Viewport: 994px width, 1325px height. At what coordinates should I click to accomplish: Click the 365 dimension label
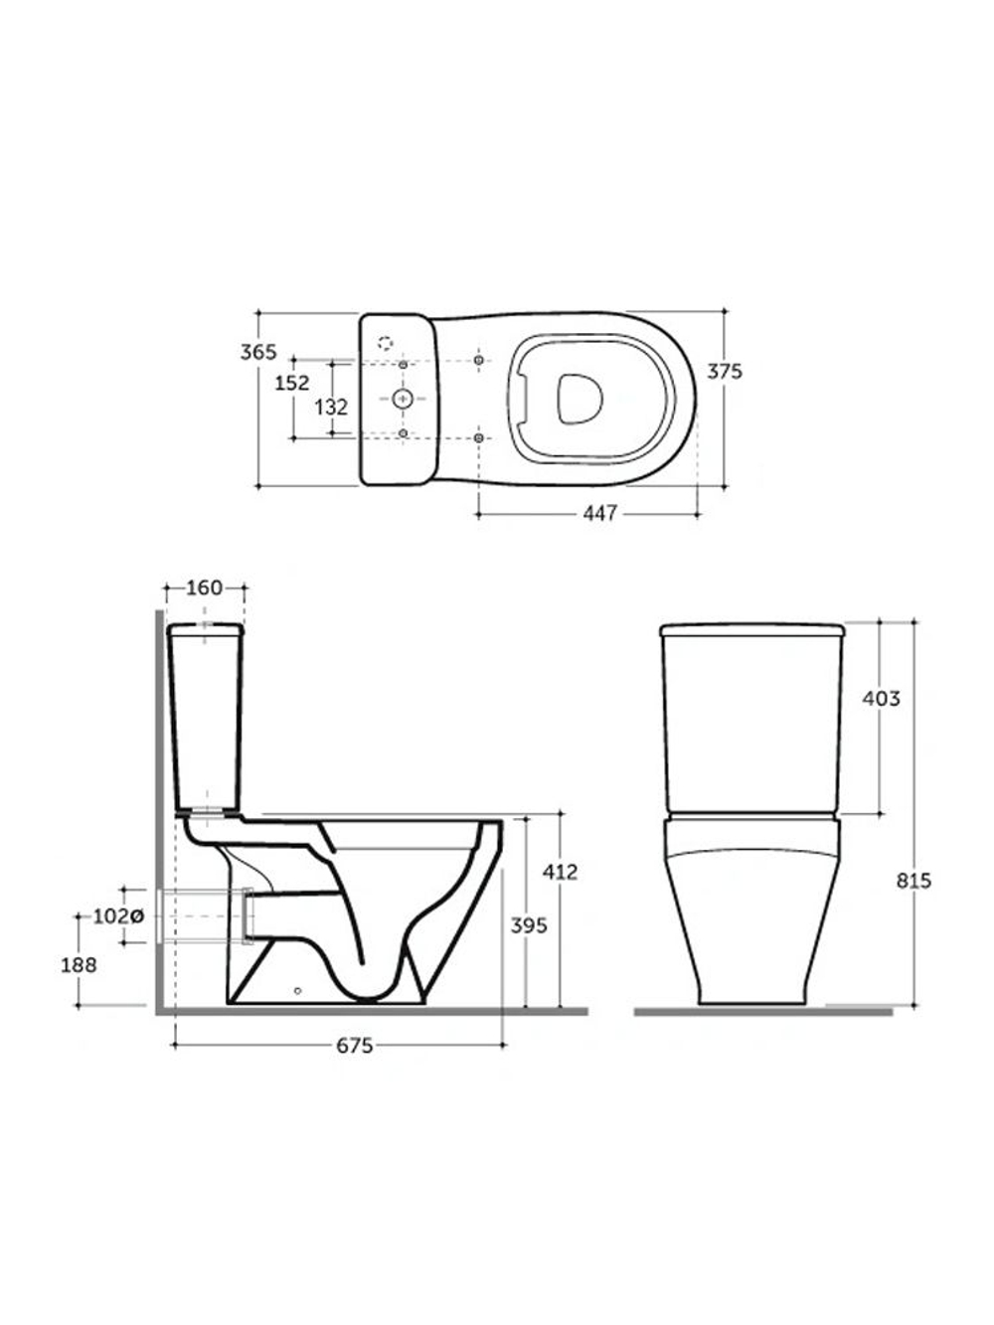tap(258, 351)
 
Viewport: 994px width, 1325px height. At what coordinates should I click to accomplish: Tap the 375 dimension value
tap(725, 372)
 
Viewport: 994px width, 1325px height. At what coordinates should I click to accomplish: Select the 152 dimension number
tap(292, 383)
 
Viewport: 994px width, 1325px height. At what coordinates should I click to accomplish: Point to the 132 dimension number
tap(331, 408)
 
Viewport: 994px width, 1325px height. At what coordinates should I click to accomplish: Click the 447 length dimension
tap(600, 513)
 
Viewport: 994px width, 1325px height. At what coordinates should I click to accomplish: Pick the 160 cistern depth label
tap(205, 587)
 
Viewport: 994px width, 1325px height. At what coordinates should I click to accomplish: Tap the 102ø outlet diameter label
tap(118, 916)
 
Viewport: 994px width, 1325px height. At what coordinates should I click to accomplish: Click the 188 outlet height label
tap(79, 965)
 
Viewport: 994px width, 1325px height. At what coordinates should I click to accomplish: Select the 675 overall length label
tap(355, 1046)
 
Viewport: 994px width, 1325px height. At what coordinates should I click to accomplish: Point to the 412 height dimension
tap(560, 872)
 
